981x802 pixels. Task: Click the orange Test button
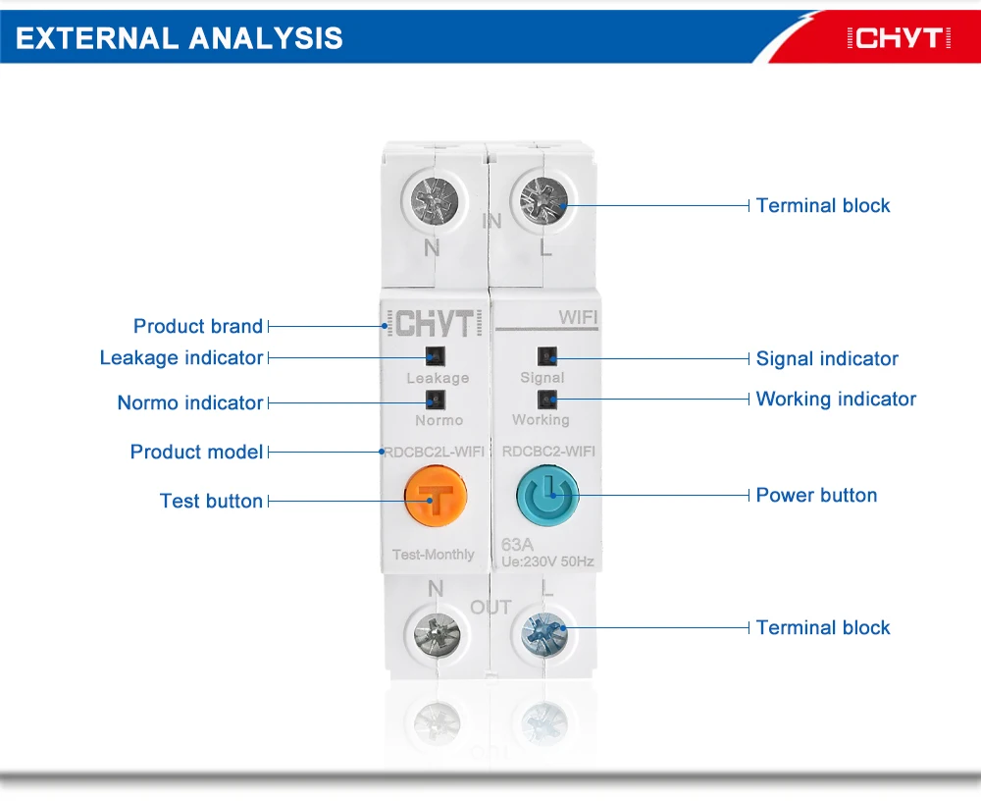pyautogui.click(x=436, y=496)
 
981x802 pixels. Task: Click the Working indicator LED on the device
pyautogui.click(x=546, y=399)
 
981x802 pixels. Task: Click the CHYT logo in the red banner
pyautogui.click(x=899, y=39)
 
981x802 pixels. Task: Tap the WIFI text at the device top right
pyautogui.click(x=578, y=318)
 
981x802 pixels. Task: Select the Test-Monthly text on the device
pyautogui.click(x=433, y=555)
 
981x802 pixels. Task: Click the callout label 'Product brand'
pyautogui.click(x=198, y=326)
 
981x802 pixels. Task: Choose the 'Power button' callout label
pyautogui.click(x=816, y=495)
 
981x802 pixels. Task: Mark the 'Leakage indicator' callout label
pyautogui.click(x=181, y=357)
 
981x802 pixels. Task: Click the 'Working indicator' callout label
pyautogui.click(x=836, y=399)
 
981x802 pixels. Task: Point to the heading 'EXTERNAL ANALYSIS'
pyautogui.click(x=180, y=38)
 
